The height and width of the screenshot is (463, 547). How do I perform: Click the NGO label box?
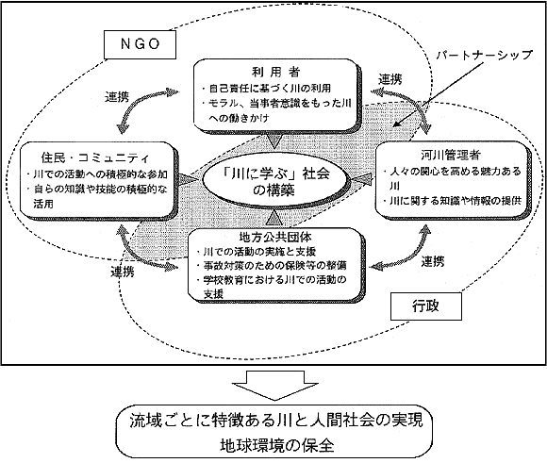click(x=140, y=44)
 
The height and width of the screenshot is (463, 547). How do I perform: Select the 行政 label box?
click(x=426, y=306)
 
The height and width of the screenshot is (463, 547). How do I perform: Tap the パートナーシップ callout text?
click(x=485, y=55)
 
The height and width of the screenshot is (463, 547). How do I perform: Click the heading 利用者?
click(x=275, y=72)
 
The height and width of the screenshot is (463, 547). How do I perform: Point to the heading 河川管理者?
click(x=451, y=155)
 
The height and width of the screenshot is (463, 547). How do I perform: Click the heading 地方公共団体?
click(x=275, y=238)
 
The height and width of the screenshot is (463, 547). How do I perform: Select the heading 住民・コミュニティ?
click(x=95, y=158)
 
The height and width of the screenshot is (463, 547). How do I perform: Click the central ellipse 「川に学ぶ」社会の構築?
click(x=275, y=181)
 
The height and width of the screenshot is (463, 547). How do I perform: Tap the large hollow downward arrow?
click(x=275, y=385)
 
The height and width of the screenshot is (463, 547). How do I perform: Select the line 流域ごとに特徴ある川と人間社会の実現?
click(x=276, y=421)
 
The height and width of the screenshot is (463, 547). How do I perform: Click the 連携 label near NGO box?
click(x=117, y=96)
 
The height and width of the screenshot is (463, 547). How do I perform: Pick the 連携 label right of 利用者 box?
click(x=390, y=79)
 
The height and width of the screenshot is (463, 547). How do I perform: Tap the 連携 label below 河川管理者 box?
click(x=433, y=261)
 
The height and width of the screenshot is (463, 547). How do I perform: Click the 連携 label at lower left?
click(x=123, y=272)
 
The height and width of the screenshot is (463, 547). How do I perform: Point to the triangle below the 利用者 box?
click(x=275, y=140)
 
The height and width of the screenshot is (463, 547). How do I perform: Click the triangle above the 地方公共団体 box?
click(x=275, y=218)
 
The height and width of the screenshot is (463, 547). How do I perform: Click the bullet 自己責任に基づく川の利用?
click(x=266, y=89)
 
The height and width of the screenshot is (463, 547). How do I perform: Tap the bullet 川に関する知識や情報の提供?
click(x=452, y=201)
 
